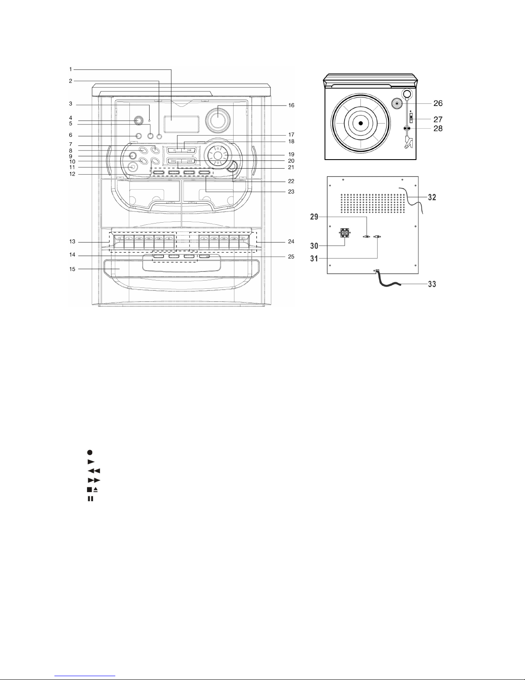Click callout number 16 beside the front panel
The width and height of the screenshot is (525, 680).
(x=291, y=106)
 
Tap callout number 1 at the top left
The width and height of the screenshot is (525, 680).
(x=71, y=69)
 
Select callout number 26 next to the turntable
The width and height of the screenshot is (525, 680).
(x=438, y=103)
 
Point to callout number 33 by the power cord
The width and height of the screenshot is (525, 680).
(x=432, y=284)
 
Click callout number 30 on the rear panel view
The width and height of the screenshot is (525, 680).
(x=314, y=246)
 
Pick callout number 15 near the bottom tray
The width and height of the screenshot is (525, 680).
(x=72, y=269)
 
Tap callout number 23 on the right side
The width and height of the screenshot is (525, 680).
(x=291, y=191)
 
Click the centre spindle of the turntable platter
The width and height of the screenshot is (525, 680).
(x=360, y=123)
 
